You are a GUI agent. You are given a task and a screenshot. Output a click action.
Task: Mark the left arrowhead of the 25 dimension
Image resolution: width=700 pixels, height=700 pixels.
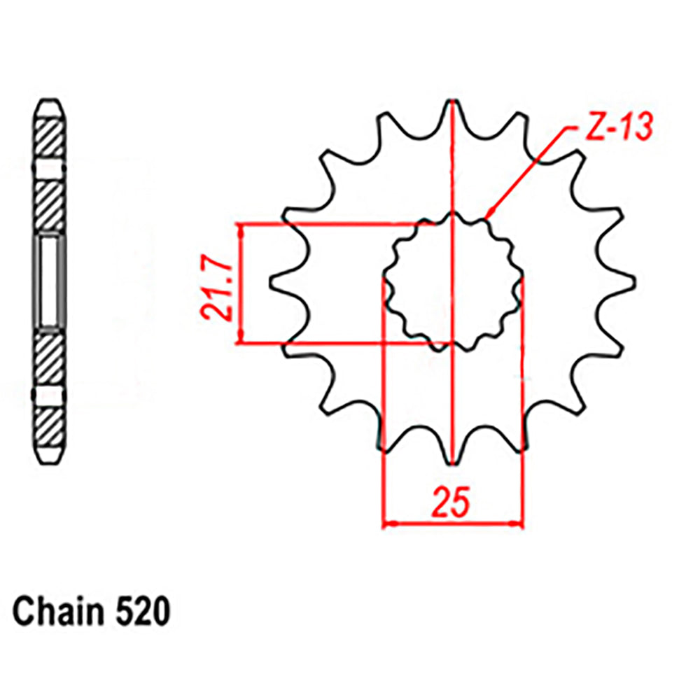tap(387, 523)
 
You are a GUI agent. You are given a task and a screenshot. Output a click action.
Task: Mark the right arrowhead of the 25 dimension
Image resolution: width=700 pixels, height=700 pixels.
tap(519, 523)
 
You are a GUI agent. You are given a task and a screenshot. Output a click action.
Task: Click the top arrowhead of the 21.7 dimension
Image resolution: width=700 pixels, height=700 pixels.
tap(242, 230)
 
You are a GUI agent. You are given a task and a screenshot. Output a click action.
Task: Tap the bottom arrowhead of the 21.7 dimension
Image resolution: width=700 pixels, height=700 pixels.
tap(242, 339)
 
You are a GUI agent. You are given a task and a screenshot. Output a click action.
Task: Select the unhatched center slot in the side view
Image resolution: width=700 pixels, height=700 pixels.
tap(50, 281)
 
